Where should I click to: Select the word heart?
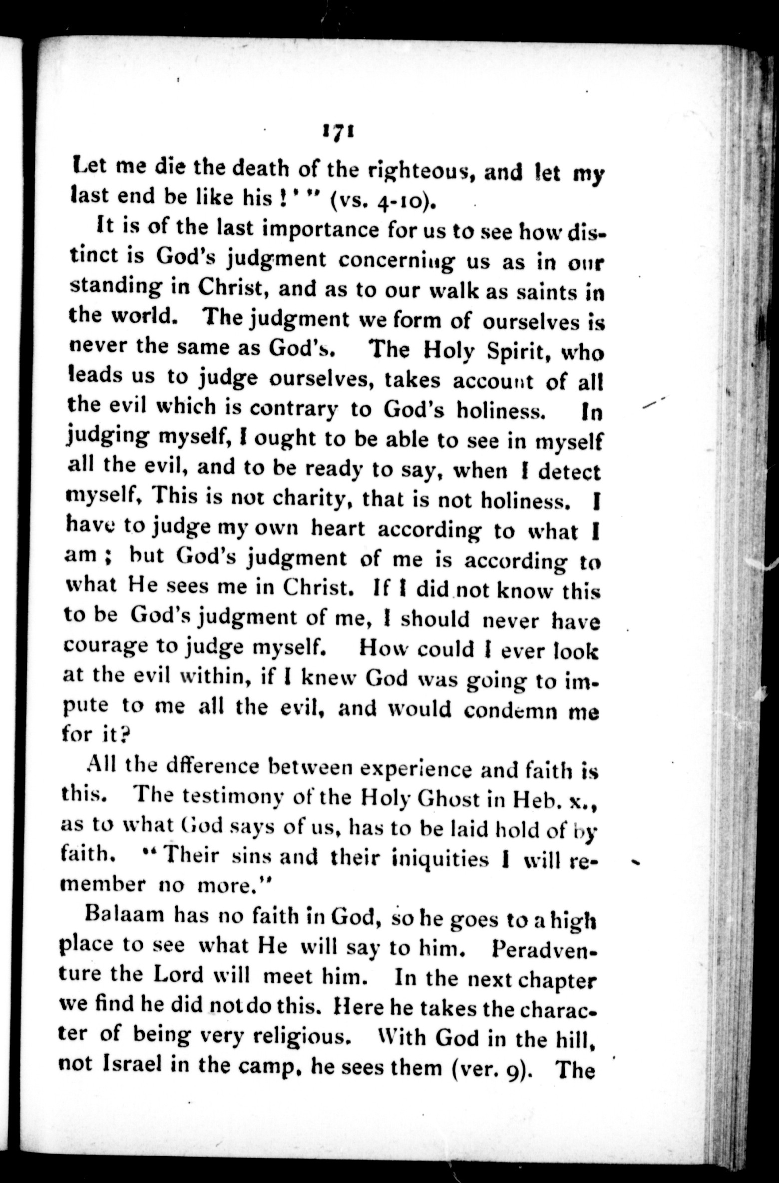tap(338, 529)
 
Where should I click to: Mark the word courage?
tap(105, 646)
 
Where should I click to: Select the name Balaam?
tap(125, 915)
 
